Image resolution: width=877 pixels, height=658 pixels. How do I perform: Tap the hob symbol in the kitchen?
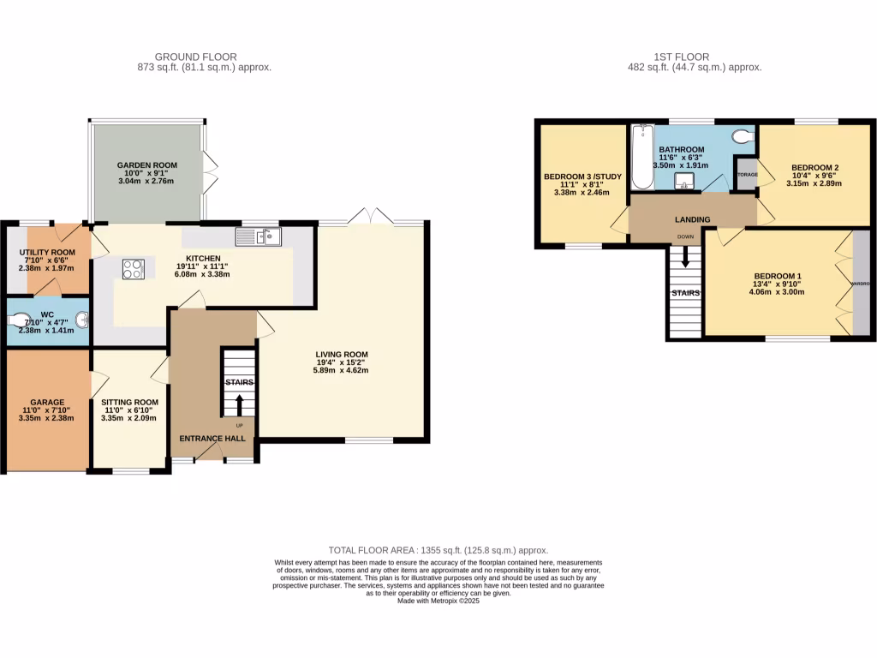pyautogui.click(x=134, y=269)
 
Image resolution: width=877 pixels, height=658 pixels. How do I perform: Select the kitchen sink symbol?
pyautogui.click(x=259, y=236)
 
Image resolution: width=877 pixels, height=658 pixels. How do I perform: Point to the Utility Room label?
pyautogui.click(x=48, y=252)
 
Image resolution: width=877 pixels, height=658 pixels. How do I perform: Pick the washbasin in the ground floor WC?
pyautogui.click(x=81, y=320)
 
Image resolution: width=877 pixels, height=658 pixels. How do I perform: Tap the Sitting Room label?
pyautogui.click(x=129, y=402)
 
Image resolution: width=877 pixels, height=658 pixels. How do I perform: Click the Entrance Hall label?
pyautogui.click(x=212, y=439)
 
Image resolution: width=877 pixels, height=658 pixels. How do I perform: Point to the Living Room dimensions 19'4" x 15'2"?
pyautogui.click(x=342, y=364)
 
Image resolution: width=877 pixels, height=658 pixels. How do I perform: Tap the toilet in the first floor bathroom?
pyautogui.click(x=743, y=136)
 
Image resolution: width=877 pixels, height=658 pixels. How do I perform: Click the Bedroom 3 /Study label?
pyautogui.click(x=582, y=177)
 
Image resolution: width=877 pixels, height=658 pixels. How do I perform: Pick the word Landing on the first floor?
pyautogui.click(x=692, y=220)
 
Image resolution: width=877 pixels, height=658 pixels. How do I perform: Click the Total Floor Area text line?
pyautogui.click(x=438, y=550)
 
